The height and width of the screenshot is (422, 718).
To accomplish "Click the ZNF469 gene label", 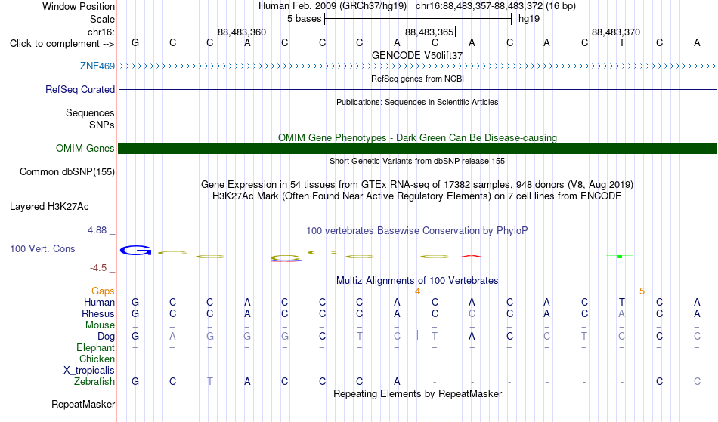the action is click(97, 66).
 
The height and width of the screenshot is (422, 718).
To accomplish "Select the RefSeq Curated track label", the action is click(79, 89).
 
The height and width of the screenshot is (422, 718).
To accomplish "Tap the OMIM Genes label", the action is click(85, 148).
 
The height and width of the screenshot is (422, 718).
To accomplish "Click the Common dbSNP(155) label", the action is click(67, 171).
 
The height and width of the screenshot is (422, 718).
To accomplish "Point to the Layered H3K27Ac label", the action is click(49, 206).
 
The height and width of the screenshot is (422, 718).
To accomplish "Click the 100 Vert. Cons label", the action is click(42, 248).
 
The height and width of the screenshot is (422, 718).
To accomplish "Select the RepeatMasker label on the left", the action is click(83, 404).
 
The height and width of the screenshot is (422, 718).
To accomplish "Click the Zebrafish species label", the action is click(94, 381).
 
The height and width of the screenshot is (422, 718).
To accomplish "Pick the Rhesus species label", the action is click(98, 313).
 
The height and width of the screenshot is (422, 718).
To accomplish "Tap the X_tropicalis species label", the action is click(89, 371).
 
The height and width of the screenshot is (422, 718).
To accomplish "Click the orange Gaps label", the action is click(103, 291).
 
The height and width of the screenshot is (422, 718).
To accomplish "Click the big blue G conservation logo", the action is click(135, 250).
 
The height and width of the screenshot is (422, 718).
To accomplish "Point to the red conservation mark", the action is click(471, 256).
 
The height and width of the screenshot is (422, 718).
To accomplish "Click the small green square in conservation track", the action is click(620, 257).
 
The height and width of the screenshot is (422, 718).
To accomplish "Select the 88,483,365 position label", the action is click(429, 32).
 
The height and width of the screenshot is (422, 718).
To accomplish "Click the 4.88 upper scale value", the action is click(97, 230).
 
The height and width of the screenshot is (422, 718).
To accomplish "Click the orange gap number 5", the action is click(642, 291).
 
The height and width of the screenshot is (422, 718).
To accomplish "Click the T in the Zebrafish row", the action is click(209, 381).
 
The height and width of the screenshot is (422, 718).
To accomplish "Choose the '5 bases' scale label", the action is click(304, 19).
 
